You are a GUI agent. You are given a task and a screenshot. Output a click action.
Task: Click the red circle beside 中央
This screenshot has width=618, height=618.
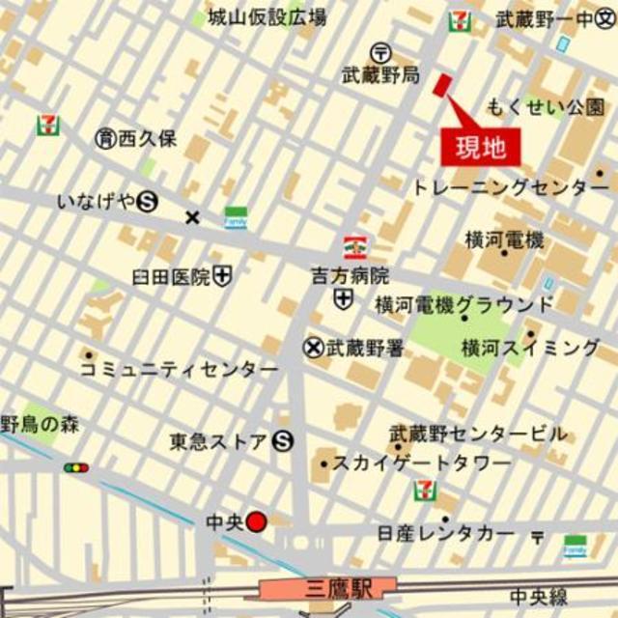pyautogui.click(x=256, y=522)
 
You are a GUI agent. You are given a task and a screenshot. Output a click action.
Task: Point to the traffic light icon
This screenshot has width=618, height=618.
pyautogui.click(x=76, y=468)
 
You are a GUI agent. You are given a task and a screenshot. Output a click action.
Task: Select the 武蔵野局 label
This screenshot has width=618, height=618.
pyautogui.click(x=380, y=73)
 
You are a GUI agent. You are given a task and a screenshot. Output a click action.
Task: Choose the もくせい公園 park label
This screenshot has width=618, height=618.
pyautogui.click(x=546, y=107)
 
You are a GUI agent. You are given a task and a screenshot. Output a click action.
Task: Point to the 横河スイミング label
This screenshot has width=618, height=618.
pyautogui.click(x=531, y=347)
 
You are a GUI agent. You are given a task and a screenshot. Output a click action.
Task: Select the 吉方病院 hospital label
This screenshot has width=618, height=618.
pyautogui.click(x=350, y=275)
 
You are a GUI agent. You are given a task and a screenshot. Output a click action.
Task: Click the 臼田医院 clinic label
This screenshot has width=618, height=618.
pyautogui.click(x=171, y=277)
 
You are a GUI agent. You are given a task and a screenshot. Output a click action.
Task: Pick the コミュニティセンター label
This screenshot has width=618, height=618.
pyautogui.click(x=179, y=369)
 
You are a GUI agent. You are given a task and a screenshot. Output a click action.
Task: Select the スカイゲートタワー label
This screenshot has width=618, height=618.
pyautogui.click(x=422, y=463)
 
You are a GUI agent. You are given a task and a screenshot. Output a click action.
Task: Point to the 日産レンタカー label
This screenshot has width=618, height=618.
pyautogui.click(x=446, y=534)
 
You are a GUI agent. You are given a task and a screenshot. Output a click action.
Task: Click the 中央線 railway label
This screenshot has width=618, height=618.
pyautogui.click(x=540, y=596)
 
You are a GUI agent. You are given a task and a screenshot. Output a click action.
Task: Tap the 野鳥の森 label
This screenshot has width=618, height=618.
pyautogui.click(x=41, y=424)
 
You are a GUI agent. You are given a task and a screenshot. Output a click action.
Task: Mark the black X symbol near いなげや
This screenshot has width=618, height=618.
pyautogui.click(x=192, y=217)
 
